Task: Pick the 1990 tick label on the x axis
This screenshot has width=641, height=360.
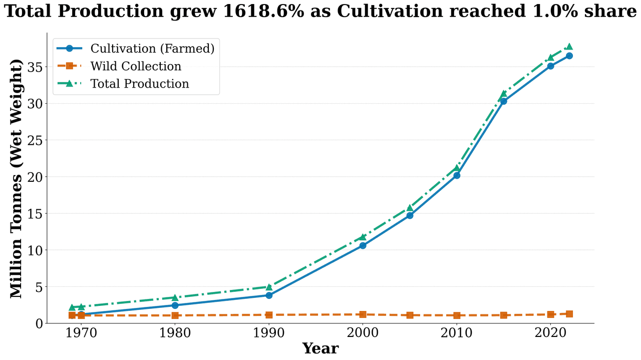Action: pyautogui.click(x=269, y=333)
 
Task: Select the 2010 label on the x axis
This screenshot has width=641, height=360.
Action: pyautogui.click(x=457, y=333)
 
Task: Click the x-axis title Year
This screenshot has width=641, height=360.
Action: pyautogui.click(x=320, y=348)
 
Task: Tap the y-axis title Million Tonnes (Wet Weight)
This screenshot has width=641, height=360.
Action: pyautogui.click(x=17, y=179)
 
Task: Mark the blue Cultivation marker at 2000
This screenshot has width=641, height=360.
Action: pyautogui.click(x=363, y=245)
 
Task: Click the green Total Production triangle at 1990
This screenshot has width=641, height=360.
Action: pyautogui.click(x=269, y=287)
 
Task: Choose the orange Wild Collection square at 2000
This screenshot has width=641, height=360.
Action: pyautogui.click(x=363, y=314)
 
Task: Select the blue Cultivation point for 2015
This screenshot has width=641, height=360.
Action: pyautogui.click(x=503, y=101)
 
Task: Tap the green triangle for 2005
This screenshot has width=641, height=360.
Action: pyautogui.click(x=410, y=208)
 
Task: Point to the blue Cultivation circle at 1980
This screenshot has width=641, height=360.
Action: pyautogui.click(x=175, y=305)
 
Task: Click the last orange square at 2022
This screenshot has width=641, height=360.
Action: pyautogui.click(x=569, y=314)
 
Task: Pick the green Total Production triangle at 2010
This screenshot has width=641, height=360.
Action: pyautogui.click(x=457, y=168)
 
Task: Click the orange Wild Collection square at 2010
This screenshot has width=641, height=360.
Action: pyautogui.click(x=457, y=315)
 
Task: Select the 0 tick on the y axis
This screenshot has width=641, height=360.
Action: pyautogui.click(x=40, y=324)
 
